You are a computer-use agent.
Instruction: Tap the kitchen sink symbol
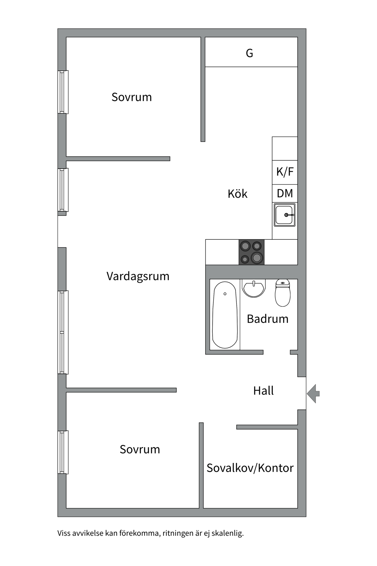285,215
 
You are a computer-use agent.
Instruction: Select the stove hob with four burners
251,252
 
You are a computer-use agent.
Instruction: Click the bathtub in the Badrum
225,315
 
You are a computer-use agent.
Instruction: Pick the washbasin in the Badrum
254,288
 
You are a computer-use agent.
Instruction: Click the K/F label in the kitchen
285,172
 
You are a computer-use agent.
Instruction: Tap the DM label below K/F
285,194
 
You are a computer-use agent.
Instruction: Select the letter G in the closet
249,53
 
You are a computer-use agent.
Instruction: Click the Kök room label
237,194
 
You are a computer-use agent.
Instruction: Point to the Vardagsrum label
138,276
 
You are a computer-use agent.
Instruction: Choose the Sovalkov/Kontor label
250,468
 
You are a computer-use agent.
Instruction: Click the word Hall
263,391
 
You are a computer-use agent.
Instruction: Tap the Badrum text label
267,319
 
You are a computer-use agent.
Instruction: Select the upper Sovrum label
132,97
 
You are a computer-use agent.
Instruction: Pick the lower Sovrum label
140,450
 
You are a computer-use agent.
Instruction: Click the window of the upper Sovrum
63,92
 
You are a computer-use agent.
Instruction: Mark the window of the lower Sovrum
63,452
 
